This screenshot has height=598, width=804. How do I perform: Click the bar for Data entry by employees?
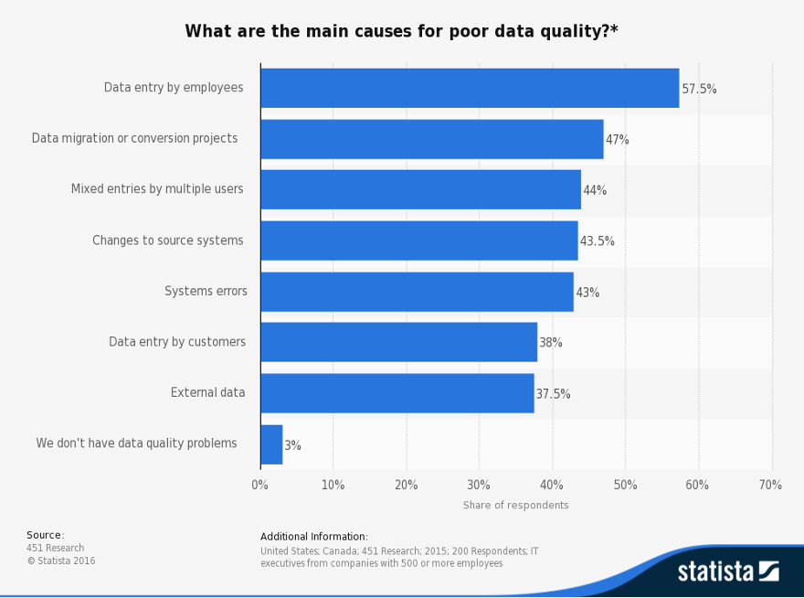click(x=470, y=89)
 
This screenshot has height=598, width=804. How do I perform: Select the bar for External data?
click(x=397, y=393)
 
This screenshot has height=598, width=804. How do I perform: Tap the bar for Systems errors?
click(x=417, y=292)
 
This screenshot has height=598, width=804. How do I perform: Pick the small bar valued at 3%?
click(x=271, y=444)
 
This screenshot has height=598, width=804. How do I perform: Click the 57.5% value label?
click(x=699, y=90)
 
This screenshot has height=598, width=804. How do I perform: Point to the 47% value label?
click(x=618, y=140)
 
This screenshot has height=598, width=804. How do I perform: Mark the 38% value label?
click(x=551, y=343)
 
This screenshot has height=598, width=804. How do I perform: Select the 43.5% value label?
click(x=597, y=241)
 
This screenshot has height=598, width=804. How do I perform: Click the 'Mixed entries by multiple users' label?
click(x=157, y=189)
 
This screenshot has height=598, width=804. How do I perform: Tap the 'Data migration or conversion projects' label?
click(x=135, y=138)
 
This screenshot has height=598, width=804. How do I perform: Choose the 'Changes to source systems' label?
click(x=168, y=240)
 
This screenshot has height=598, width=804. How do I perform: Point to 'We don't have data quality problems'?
click(x=137, y=443)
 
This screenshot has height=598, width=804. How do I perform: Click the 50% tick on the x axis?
click(x=625, y=485)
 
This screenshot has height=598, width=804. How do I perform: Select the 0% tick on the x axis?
click(x=259, y=485)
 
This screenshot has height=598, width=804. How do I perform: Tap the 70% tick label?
click(x=770, y=485)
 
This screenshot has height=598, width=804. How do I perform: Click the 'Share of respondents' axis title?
click(x=515, y=506)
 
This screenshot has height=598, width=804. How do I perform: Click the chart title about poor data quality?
click(x=401, y=31)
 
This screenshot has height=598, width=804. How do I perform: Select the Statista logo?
click(x=727, y=571)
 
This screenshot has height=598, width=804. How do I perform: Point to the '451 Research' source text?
click(x=56, y=549)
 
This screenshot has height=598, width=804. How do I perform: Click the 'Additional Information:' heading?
click(x=314, y=537)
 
